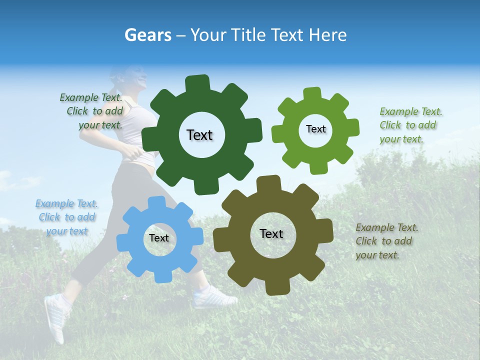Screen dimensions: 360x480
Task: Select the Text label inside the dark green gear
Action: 199,135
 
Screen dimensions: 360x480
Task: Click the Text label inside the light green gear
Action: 315,129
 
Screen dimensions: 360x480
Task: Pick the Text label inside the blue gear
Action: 159,238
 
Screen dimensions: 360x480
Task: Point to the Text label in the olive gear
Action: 271,233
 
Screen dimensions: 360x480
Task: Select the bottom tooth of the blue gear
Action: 162,276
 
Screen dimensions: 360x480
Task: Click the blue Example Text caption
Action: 66,217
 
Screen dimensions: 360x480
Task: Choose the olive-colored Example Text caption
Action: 386,241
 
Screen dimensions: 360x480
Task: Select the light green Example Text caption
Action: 410,125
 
